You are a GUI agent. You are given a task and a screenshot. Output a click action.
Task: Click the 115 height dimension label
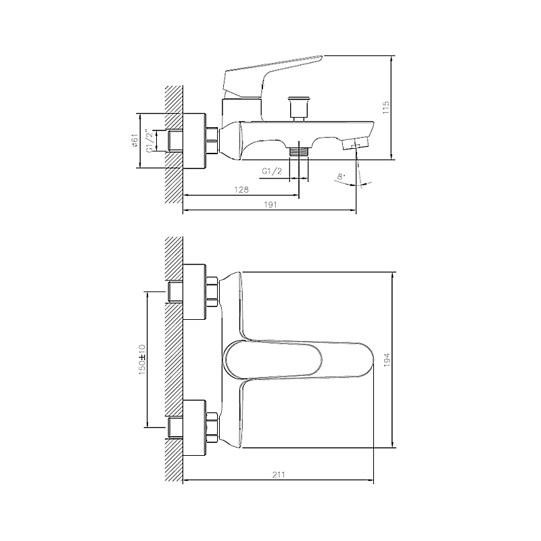click(385, 108)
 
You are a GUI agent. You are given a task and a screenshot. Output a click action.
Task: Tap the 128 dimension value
click(241, 189)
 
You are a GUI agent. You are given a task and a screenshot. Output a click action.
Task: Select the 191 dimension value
click(270, 205)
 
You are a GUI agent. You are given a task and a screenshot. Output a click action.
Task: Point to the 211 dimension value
click(279, 475)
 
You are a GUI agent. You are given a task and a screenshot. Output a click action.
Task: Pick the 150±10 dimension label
click(142, 360)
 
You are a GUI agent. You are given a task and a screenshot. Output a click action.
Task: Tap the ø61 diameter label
click(135, 141)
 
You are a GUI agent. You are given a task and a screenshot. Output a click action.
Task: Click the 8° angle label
click(341, 177)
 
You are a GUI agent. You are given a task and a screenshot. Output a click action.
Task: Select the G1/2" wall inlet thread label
click(149, 141)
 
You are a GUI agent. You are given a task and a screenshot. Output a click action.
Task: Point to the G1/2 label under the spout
click(272, 171)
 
